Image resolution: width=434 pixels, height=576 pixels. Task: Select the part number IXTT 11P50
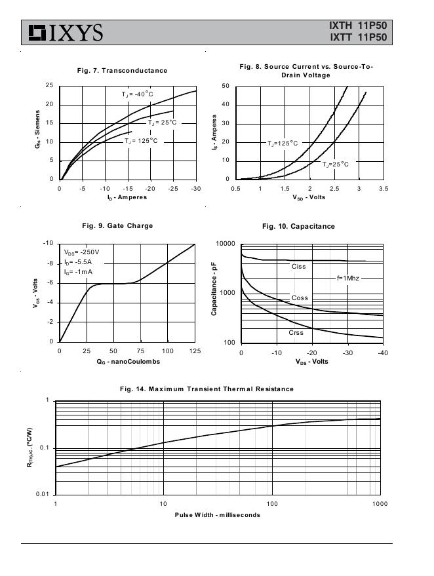tap(359, 38)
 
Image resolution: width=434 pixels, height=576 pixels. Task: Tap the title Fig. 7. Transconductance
tap(122, 70)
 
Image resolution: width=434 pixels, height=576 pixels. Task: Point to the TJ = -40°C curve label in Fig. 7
tap(137, 94)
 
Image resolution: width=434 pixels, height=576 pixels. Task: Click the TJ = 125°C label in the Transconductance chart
tap(141, 140)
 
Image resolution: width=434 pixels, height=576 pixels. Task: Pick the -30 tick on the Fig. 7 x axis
tap(196, 189)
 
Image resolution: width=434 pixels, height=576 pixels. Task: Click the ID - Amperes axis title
tap(127, 197)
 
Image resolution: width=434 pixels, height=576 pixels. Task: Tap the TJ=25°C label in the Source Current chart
tap(335, 164)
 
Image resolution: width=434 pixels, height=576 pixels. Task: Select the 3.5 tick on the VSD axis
tap(383, 189)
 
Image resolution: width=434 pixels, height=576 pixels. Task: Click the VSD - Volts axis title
tap(309, 197)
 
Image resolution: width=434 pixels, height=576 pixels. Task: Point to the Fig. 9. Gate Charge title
tap(117, 225)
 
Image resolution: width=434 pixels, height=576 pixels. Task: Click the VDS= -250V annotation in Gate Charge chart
tap(82, 252)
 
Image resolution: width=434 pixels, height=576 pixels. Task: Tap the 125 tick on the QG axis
tap(195, 351)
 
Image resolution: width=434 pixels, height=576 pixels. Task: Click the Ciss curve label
tap(299, 266)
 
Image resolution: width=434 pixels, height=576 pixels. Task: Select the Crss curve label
tap(296, 333)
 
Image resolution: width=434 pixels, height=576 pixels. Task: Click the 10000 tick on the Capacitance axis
tap(225, 244)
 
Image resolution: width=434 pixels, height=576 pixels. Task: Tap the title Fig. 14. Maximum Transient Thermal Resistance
tap(207, 389)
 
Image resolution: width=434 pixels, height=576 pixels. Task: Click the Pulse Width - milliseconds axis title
tap(217, 514)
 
